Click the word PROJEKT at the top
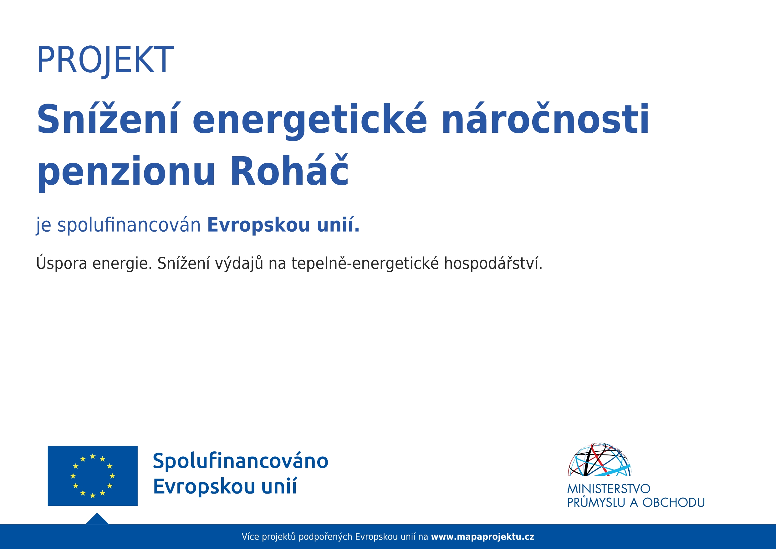(105, 60)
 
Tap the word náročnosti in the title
(545, 118)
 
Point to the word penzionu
(126, 173)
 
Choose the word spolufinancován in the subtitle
(129, 225)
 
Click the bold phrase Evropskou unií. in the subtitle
(283, 225)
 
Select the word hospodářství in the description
(493, 263)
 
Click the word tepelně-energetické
(365, 263)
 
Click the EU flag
(93, 476)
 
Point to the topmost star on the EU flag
(93, 456)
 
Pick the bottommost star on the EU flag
(93, 495)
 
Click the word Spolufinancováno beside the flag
(240, 461)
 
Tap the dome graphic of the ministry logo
(600, 459)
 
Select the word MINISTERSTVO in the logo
(609, 489)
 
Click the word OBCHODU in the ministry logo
(674, 503)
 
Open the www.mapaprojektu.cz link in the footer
(482, 537)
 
